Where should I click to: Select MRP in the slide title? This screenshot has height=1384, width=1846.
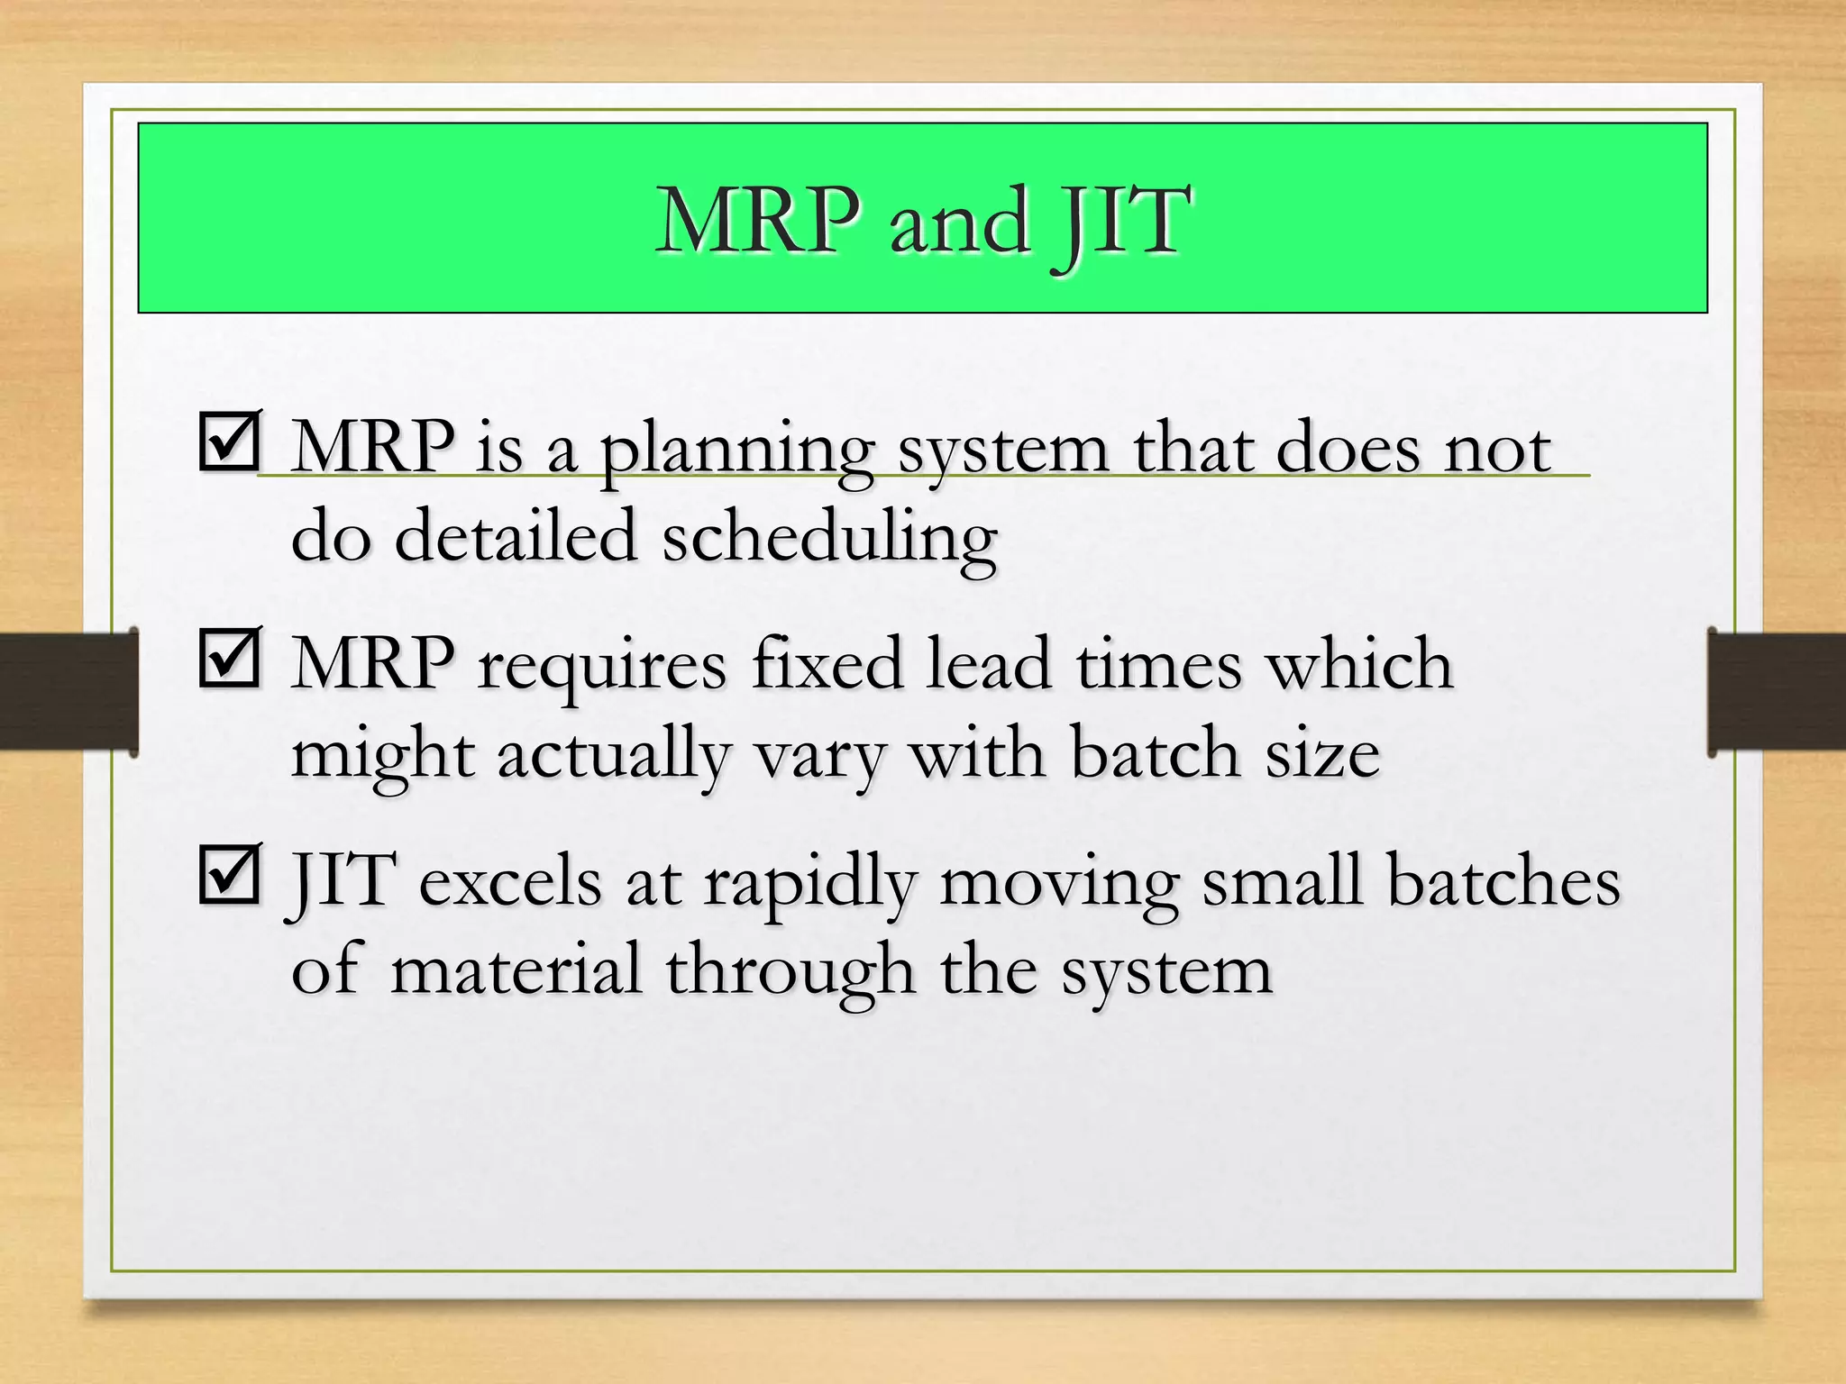(x=758, y=221)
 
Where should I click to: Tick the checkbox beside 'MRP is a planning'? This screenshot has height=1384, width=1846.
(x=230, y=441)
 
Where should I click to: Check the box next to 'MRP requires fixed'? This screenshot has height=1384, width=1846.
(x=230, y=657)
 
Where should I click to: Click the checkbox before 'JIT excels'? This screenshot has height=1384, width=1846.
(x=230, y=873)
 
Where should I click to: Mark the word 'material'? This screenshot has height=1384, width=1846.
(x=516, y=970)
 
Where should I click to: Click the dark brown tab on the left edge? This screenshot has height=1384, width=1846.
(x=69, y=692)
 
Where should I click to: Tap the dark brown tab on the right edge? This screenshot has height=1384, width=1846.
(x=1777, y=692)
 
